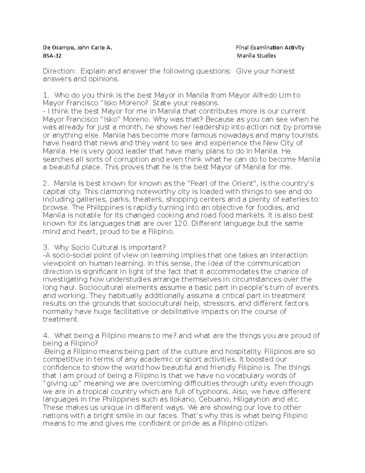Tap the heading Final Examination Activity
[270, 48]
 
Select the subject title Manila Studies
[256, 56]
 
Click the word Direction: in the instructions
[59, 71]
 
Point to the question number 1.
[46, 95]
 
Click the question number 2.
[46, 184]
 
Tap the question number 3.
[46, 247]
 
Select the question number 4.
[46, 336]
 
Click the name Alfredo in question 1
[264, 95]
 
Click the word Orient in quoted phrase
[242, 184]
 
